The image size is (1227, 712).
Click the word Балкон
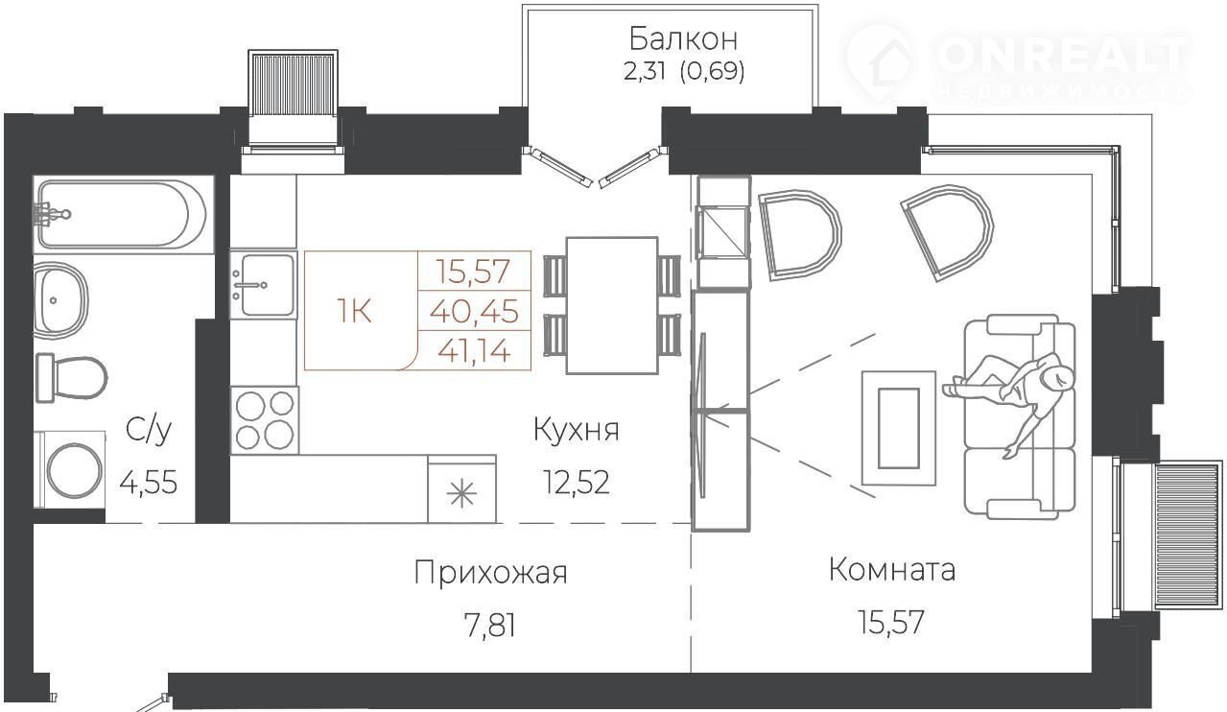683,39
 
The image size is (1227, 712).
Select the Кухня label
577,430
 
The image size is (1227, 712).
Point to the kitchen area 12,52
577,483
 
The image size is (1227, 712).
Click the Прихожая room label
490,574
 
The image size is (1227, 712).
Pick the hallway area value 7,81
489,626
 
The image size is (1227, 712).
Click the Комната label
892,570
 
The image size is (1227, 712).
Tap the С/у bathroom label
149,431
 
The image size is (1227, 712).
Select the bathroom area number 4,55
149,484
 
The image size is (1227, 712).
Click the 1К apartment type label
354,312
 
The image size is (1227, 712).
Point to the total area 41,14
474,350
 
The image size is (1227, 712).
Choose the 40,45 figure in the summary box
474,312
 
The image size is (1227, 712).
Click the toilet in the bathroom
72,378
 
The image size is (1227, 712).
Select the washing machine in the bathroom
70,469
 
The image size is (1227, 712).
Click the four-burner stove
265,420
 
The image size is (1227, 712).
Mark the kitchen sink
263,284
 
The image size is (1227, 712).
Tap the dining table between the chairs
612,305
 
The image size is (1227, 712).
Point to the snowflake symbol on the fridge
461,493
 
